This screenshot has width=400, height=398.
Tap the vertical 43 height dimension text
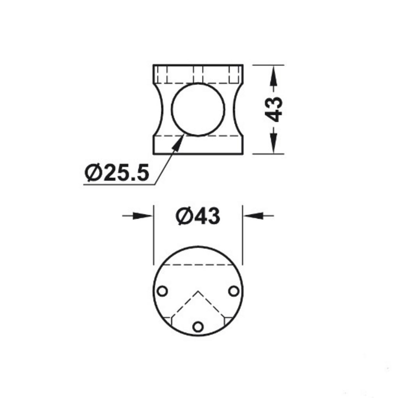[x=274, y=109]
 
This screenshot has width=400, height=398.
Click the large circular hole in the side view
[x=198, y=109]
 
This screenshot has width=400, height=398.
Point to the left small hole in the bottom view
[x=162, y=291]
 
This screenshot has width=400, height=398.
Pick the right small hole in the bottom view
[x=234, y=291]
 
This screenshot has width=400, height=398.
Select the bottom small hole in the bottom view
[x=198, y=326]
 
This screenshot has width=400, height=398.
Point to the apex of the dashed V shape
[x=198, y=291]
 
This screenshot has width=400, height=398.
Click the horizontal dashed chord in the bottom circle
[x=198, y=264]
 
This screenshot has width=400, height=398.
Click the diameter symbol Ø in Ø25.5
[x=92, y=173]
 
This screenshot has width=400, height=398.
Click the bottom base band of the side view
[x=198, y=145]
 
